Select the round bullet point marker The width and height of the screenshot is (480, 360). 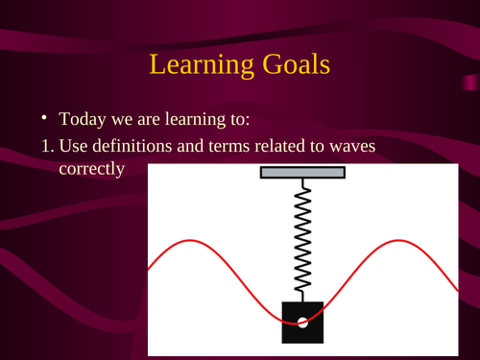tap(42, 119)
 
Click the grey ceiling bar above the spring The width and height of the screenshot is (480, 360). tap(302, 173)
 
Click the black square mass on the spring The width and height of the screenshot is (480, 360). tap(302, 322)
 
